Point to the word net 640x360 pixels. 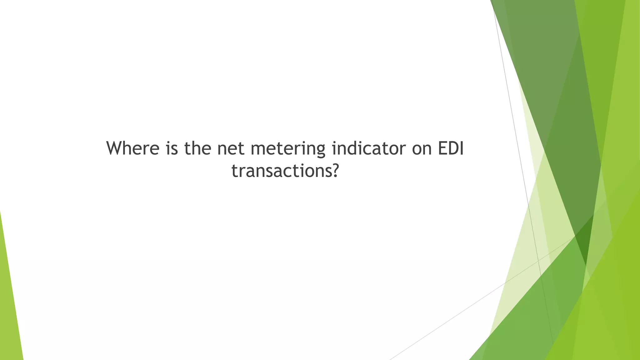tap(231, 149)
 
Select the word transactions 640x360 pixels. tap(280, 171)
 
